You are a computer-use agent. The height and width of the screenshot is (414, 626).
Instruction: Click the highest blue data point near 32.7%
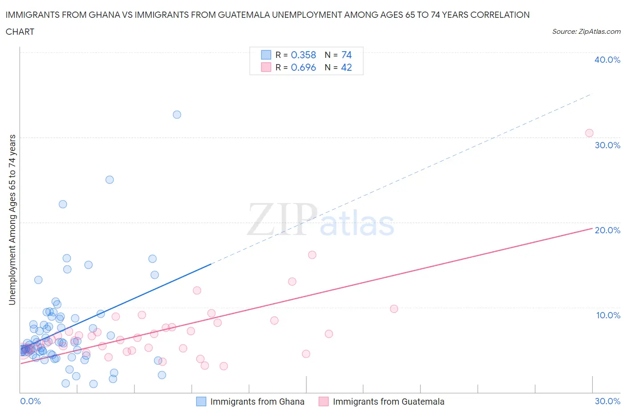[x=177, y=114]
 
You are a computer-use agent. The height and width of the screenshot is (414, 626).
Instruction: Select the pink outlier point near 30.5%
[x=589, y=133]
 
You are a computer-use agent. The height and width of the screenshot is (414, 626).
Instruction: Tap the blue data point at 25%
[x=110, y=180]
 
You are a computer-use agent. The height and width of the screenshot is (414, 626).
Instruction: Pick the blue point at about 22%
[x=63, y=204]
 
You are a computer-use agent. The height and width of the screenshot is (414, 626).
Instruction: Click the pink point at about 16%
[x=312, y=255]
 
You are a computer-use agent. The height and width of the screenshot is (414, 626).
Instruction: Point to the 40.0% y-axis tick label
[x=607, y=60]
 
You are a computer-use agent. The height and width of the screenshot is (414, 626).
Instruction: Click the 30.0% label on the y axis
[x=607, y=145]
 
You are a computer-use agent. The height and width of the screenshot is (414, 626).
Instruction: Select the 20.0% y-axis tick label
[x=607, y=230]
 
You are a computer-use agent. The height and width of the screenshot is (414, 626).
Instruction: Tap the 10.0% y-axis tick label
[x=608, y=315]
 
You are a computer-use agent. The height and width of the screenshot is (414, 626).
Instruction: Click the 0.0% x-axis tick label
[x=30, y=401]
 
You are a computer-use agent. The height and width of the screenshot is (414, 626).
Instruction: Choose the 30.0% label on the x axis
[x=607, y=401]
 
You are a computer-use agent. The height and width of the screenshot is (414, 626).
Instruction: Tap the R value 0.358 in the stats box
[x=303, y=55]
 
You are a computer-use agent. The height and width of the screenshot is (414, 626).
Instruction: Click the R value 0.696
[x=303, y=67]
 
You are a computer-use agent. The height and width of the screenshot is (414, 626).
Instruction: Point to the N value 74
[x=346, y=55]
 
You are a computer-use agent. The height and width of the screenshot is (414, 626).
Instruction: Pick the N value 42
[x=346, y=67]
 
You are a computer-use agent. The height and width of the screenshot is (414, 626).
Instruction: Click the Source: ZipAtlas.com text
[x=586, y=31]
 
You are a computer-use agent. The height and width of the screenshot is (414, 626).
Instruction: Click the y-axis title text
[x=12, y=219]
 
